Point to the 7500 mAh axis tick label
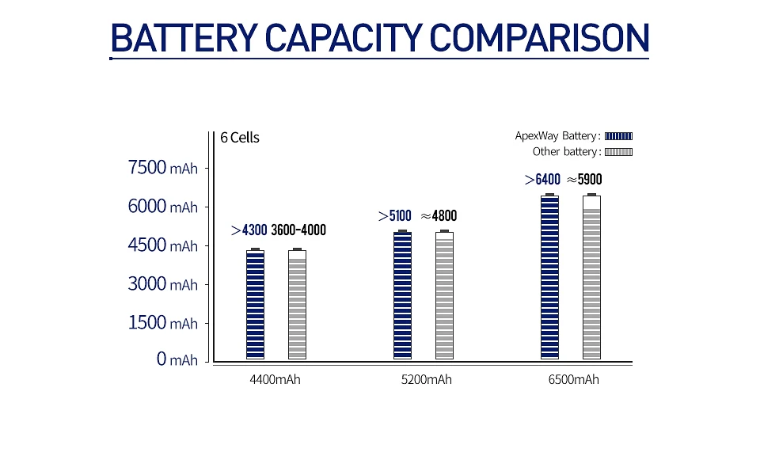click(162, 168)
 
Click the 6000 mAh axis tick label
click(162, 207)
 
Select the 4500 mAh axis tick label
click(162, 245)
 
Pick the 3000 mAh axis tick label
click(162, 284)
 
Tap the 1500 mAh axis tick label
click(162, 323)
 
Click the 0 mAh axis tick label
click(177, 360)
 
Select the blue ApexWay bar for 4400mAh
click(255, 305)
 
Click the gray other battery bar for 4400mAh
click(297, 305)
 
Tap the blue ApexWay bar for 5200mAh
click(402, 295)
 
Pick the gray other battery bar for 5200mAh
click(444, 295)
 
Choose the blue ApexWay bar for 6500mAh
click(549, 277)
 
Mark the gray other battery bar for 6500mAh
click(591, 277)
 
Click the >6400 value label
click(542, 180)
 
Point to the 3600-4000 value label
click(298, 230)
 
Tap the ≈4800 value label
click(439, 215)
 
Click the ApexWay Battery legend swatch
click(619, 136)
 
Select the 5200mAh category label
click(427, 380)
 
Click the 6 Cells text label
click(240, 138)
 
